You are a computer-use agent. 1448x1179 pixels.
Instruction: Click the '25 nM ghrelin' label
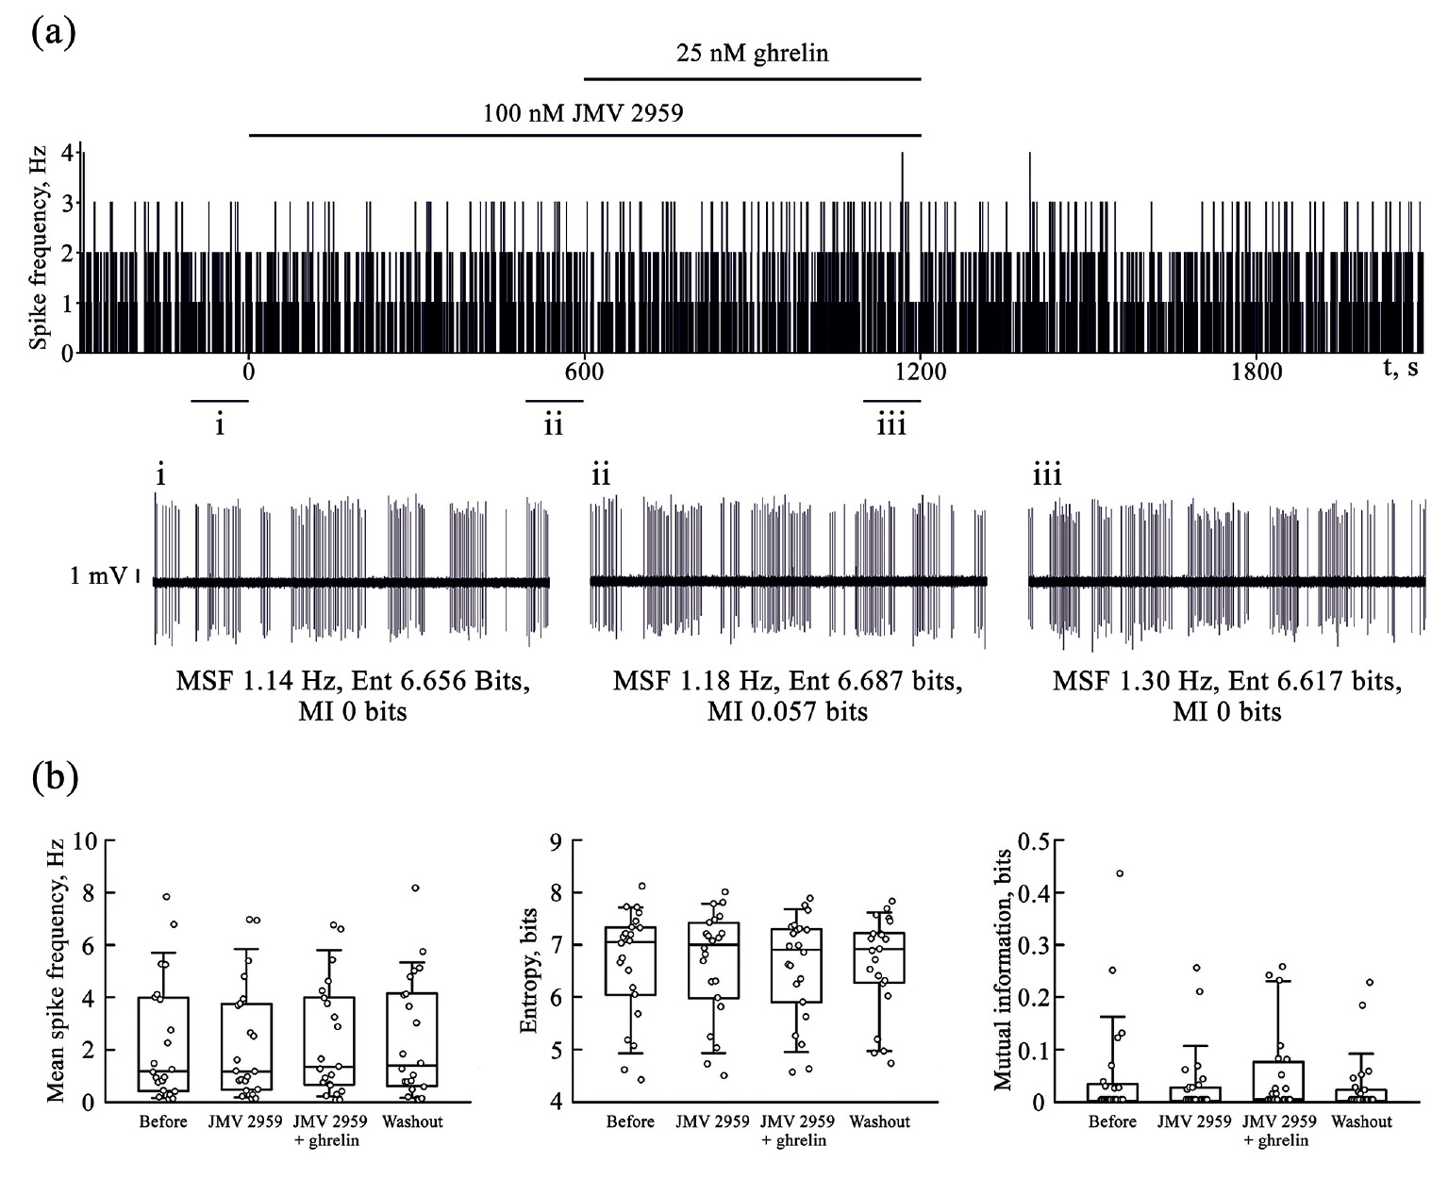[752, 54]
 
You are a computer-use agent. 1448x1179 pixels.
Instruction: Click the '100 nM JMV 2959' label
[583, 114]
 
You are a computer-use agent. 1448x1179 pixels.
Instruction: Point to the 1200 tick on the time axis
[921, 371]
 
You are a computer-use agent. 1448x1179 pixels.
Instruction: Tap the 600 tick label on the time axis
[584, 371]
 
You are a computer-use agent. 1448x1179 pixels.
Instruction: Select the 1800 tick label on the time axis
[1257, 371]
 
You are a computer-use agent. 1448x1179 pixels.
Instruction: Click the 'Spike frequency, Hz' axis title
[38, 246]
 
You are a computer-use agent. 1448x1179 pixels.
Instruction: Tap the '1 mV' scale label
[98, 575]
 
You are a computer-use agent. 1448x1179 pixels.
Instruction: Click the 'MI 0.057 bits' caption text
[788, 710]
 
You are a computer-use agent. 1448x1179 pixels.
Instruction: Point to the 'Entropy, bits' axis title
[529, 971]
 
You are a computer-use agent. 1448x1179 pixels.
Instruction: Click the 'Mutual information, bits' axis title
[1003, 971]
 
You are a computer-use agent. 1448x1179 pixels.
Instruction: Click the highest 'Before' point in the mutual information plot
[1120, 873]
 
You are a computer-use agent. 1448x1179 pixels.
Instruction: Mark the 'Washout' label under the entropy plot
[880, 1121]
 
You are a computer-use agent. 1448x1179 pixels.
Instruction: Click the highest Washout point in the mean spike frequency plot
[415, 888]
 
